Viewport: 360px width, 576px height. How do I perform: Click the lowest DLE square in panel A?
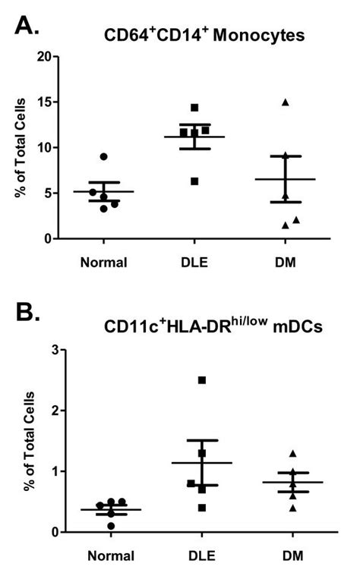(x=195, y=181)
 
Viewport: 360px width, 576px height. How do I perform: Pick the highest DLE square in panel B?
(x=202, y=379)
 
